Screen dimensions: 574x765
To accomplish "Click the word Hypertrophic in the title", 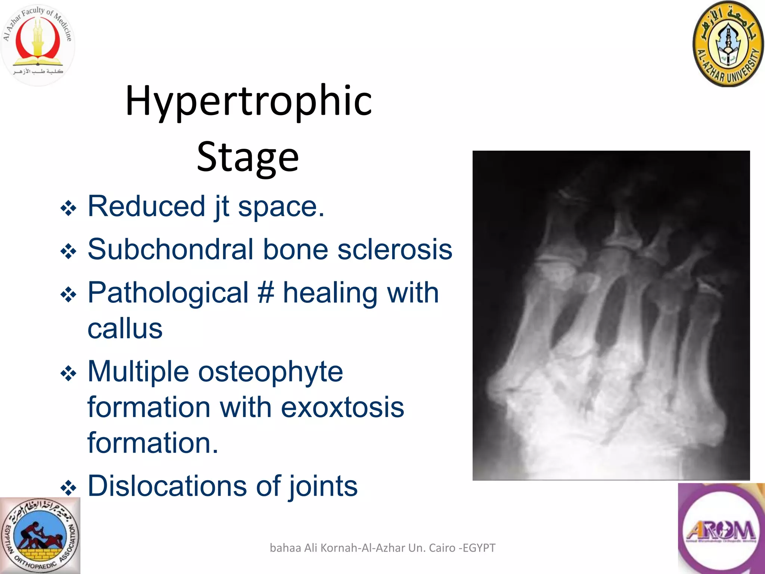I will tap(249, 101).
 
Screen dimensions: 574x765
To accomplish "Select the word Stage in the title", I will tap(248, 157).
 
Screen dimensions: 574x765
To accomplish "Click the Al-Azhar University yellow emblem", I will tap(728, 44).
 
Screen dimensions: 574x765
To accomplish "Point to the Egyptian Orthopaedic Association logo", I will tap(40, 536).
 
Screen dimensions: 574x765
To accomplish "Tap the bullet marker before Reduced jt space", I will tap(68, 208).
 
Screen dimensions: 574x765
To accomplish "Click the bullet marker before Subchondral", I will tap(68, 251).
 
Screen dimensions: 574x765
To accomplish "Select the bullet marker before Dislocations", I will tap(68, 488).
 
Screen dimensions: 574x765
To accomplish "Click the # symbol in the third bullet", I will tap(266, 293).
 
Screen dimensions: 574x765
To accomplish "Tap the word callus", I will tap(125, 329).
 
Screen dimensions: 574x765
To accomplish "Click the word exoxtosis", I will tap(342, 407).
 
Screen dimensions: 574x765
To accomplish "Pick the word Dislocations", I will tap(167, 486).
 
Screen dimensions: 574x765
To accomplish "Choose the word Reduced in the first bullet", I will tap(146, 206).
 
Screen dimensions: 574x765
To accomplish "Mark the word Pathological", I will tap(168, 293).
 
